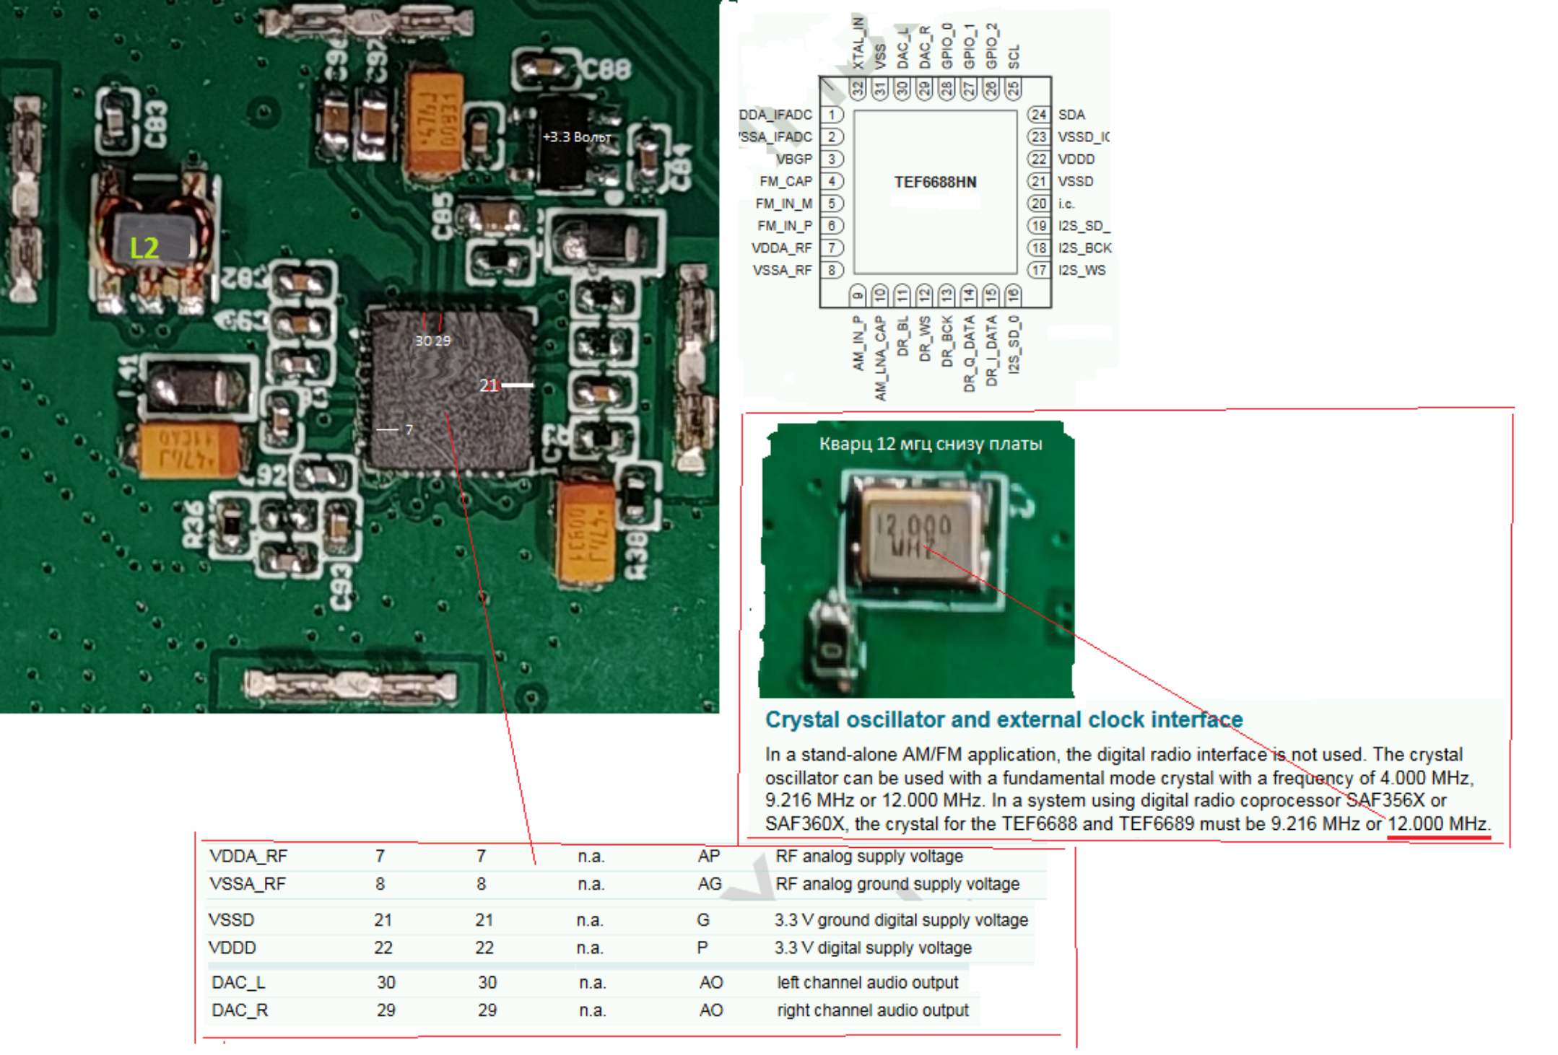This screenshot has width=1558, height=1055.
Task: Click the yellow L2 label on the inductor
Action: point(144,248)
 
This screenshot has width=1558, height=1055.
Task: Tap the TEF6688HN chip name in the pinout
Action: point(935,182)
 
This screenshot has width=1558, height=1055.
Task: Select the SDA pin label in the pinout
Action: point(1071,115)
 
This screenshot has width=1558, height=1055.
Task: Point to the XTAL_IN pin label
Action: point(858,43)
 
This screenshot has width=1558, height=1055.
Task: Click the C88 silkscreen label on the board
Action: point(606,70)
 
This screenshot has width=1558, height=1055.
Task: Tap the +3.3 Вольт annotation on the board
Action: point(576,137)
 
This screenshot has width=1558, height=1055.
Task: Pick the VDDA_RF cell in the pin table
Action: point(248,857)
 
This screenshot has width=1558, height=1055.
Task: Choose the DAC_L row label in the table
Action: point(238,982)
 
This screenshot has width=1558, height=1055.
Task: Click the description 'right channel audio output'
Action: point(872,1010)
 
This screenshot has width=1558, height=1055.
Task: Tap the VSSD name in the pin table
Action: point(232,920)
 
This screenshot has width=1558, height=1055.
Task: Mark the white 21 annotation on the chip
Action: point(489,385)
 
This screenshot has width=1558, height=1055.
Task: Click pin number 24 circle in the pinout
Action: point(1038,115)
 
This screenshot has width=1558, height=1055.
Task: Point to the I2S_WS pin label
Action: point(1082,271)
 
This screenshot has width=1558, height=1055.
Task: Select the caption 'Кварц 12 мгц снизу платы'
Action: point(930,444)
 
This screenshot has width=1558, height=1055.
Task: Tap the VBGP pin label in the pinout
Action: point(794,159)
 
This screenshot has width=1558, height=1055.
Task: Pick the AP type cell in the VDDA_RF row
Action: point(708,857)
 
